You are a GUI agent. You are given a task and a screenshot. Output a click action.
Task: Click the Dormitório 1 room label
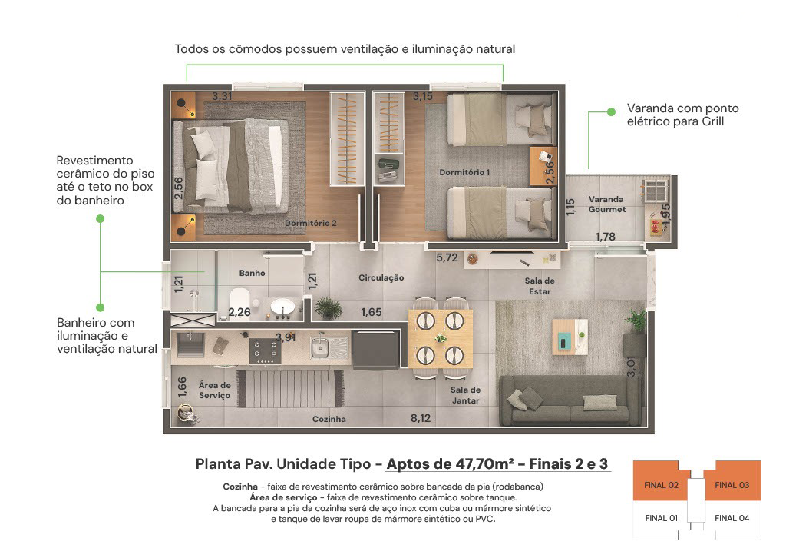tap(464, 172)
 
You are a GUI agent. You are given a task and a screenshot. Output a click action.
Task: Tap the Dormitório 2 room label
tap(310, 223)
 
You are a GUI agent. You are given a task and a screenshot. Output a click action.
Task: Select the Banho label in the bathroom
tap(252, 273)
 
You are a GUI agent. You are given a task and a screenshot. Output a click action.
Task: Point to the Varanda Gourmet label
tap(606, 204)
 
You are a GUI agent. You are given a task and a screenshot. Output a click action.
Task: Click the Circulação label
tap(381, 277)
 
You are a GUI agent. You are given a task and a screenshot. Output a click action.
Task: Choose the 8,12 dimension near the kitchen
tap(421, 418)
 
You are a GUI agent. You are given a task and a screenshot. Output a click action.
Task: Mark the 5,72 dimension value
tap(447, 257)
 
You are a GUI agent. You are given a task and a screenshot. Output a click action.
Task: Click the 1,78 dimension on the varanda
tap(605, 237)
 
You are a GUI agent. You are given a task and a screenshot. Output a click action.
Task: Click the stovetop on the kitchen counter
tap(265, 350)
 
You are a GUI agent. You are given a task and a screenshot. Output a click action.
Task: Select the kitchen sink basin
tap(319, 347)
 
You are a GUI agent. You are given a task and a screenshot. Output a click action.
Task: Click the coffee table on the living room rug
tap(570, 337)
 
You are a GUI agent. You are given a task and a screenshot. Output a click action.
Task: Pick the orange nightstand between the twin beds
tap(543, 166)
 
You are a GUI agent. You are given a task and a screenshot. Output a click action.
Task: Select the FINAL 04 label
tap(732, 518)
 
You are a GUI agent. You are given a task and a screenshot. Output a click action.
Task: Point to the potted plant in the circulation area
tap(327, 307)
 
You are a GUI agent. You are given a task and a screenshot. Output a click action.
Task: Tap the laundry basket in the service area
tap(187, 415)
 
